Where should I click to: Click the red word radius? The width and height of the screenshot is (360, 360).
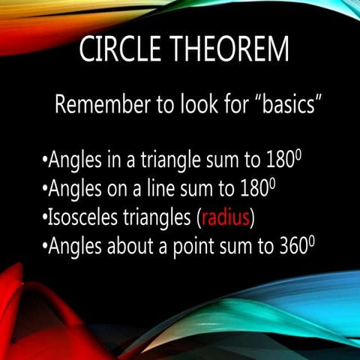[x=224, y=218]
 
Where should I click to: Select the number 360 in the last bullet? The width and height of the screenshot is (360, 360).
[x=292, y=247]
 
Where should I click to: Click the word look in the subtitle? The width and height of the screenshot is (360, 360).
[x=178, y=106]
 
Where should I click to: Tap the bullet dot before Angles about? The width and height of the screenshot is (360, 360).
[x=44, y=248]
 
